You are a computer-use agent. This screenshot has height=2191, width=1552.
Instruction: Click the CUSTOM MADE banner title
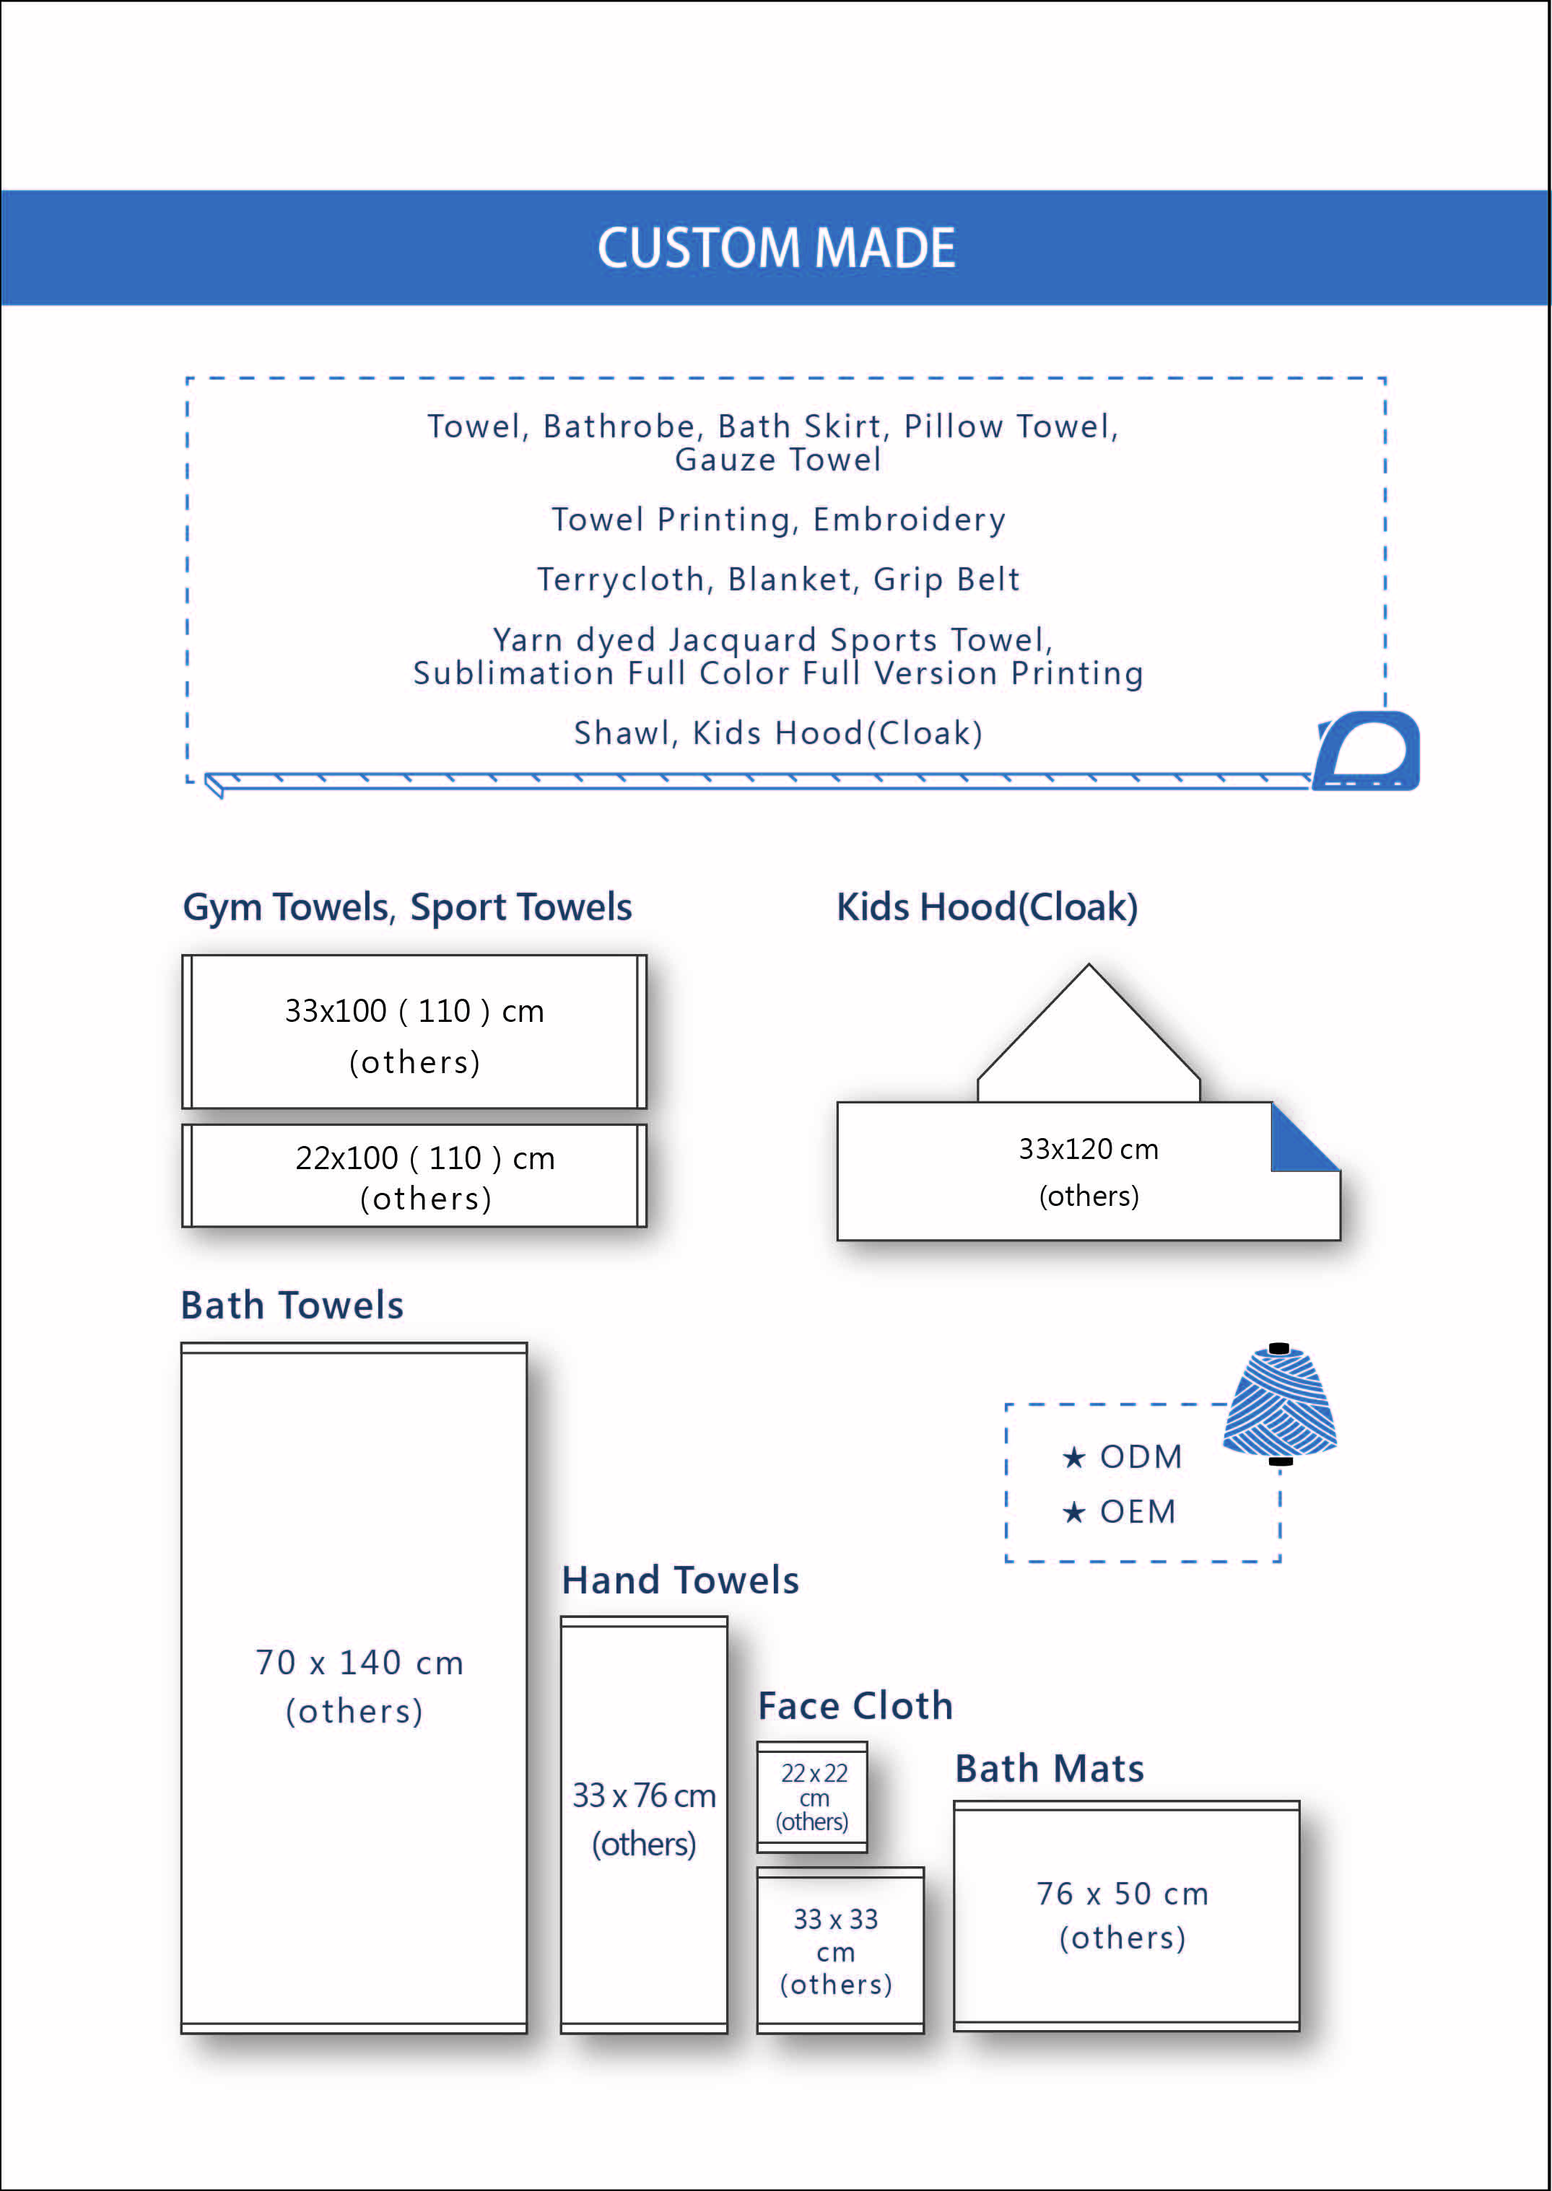776,248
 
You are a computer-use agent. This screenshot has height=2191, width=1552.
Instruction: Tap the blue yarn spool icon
1280,1404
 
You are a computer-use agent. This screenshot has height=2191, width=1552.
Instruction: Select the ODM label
1140,1456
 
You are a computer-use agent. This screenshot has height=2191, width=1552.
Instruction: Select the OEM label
1137,1512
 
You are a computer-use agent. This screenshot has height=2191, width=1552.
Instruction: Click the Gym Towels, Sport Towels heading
407,908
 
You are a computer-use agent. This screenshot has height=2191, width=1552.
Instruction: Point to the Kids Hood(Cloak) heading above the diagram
988,908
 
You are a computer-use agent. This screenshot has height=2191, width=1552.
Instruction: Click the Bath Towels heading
292,1306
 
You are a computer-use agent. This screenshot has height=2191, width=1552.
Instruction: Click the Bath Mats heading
1050,1769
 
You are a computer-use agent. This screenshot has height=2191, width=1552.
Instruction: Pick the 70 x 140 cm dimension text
359,1663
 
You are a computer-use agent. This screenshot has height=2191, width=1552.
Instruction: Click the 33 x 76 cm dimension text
644,1796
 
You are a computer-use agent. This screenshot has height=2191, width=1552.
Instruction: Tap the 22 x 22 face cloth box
812,1796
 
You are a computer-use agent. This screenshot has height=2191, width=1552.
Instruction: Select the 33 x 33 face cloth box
840,1949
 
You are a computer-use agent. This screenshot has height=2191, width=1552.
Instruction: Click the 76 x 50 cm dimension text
1123,1894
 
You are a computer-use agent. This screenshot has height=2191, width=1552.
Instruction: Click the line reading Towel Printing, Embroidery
778,520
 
